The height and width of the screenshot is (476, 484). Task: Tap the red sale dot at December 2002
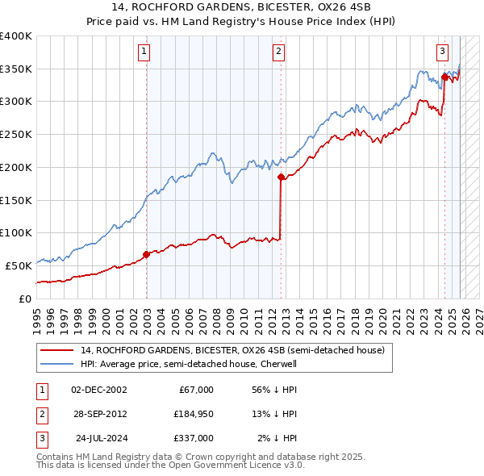(x=146, y=254)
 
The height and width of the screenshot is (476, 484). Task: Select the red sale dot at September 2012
(x=281, y=177)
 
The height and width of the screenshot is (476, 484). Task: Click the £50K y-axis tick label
(x=19, y=265)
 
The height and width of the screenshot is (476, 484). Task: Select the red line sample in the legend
(x=56, y=350)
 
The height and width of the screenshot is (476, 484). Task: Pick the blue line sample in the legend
(x=56, y=364)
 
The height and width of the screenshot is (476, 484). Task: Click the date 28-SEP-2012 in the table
(x=98, y=414)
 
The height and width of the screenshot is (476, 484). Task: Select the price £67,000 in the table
(x=196, y=390)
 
